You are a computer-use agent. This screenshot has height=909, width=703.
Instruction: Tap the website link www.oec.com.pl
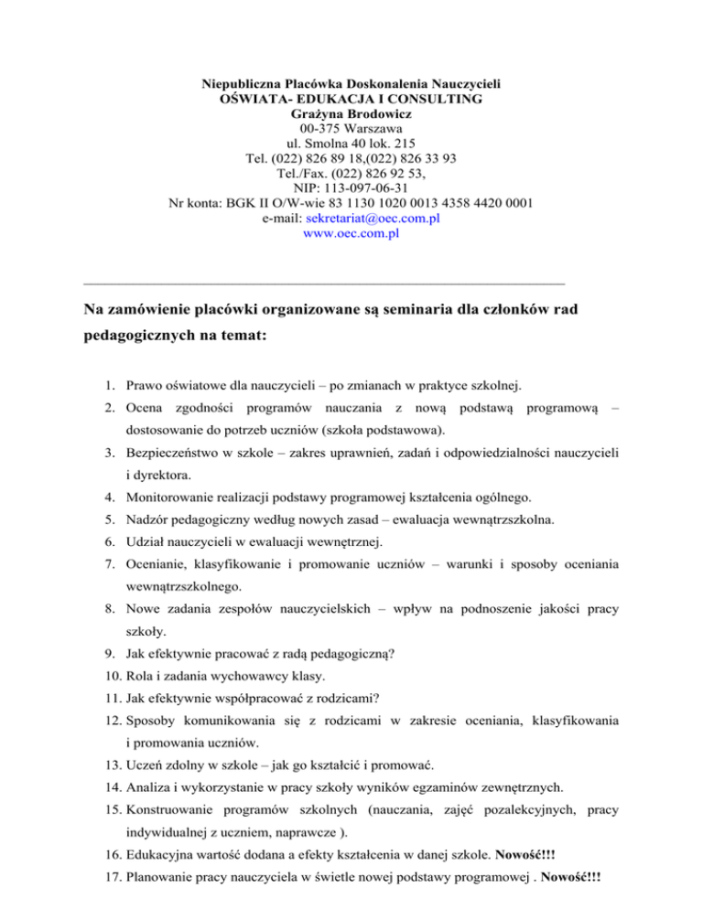tap(351, 233)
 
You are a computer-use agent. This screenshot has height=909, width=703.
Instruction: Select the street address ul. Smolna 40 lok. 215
tap(351, 144)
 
